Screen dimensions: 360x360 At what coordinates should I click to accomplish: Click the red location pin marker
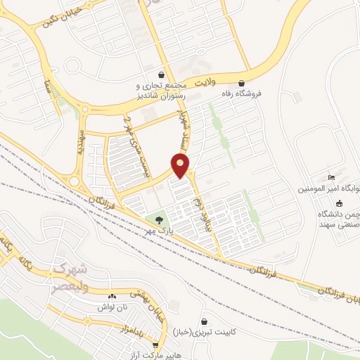coord(181,165)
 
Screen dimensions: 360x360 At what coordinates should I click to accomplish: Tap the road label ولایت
coord(203,82)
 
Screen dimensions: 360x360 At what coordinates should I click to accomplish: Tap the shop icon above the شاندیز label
coord(162,73)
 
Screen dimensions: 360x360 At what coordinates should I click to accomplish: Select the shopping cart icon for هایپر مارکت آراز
coord(155,345)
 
